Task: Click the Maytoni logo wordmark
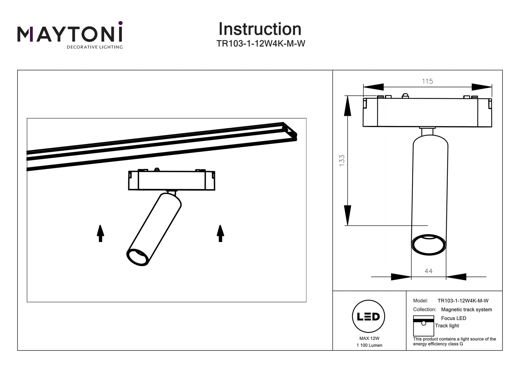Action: point(70,34)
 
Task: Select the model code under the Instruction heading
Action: point(261,44)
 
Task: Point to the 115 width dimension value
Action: point(427,81)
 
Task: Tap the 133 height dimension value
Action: point(342,160)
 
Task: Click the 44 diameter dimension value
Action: point(428,271)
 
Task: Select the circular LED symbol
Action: point(368,316)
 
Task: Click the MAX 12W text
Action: point(369,338)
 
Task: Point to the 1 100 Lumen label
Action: point(369,345)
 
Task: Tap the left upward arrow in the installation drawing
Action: point(100,233)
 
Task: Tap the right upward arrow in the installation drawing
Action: point(220,233)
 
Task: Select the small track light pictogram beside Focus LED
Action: point(423,326)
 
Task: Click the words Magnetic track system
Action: point(466,309)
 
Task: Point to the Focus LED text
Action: point(453,318)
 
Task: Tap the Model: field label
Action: point(420,301)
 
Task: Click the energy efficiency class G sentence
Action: point(454,342)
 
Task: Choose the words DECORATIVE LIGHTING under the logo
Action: point(95,47)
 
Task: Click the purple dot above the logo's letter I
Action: point(121,23)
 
